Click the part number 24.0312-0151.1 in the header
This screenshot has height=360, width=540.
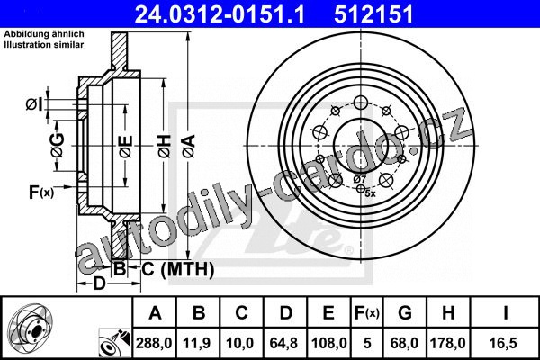220,14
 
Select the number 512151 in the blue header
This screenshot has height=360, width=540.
373,14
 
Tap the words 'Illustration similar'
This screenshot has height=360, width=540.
44,45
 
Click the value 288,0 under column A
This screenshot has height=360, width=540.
154,343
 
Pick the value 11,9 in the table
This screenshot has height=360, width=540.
197,343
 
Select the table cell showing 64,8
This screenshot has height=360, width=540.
284,343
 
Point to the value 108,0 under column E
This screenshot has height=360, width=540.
328,343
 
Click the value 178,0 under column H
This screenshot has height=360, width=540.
447,343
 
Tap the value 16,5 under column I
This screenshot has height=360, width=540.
505,343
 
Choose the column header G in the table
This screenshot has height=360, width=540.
405,313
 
